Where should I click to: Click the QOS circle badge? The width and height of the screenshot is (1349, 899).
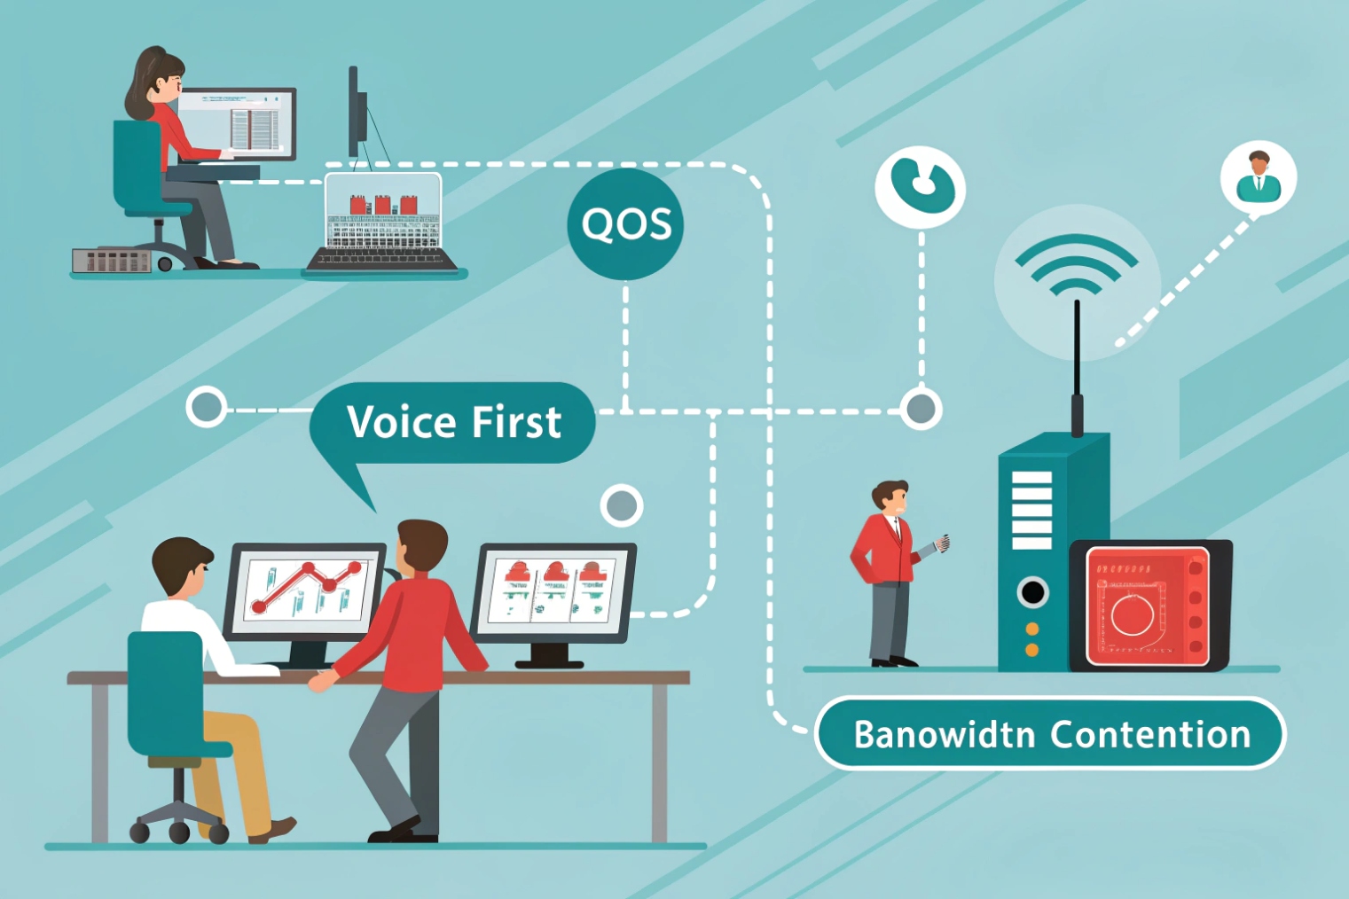tap(625, 225)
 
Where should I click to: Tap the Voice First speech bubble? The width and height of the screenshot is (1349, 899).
tap(453, 422)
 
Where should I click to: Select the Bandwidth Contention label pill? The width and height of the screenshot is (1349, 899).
tap(1050, 734)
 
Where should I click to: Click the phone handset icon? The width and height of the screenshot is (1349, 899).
tap(921, 186)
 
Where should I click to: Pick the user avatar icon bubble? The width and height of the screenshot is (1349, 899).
tap(1258, 177)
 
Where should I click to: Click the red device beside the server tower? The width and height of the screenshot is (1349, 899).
tap(1149, 605)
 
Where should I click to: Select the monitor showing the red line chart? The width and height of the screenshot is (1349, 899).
tap(305, 591)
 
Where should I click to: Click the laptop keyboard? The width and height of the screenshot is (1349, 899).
tap(382, 257)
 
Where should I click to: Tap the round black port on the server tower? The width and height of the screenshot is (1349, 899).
tap(1032, 591)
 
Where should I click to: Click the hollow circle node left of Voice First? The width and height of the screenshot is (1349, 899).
tap(208, 408)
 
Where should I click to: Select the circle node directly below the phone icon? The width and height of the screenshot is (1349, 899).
tap(921, 409)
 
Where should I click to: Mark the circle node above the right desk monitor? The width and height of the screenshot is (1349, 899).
tap(621, 506)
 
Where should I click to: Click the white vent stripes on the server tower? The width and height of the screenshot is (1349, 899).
tap(1031, 510)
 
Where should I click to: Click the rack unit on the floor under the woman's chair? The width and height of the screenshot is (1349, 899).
tap(112, 261)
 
